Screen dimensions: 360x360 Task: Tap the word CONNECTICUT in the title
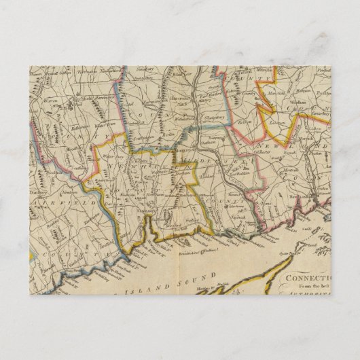305,279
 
